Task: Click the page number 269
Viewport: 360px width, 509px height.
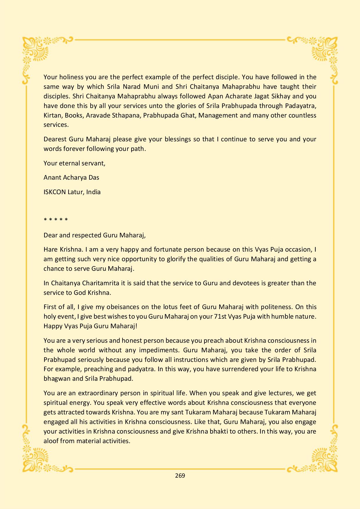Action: tap(180, 475)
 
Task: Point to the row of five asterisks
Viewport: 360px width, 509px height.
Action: tap(56, 220)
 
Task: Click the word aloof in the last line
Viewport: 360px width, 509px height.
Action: tap(51, 441)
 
